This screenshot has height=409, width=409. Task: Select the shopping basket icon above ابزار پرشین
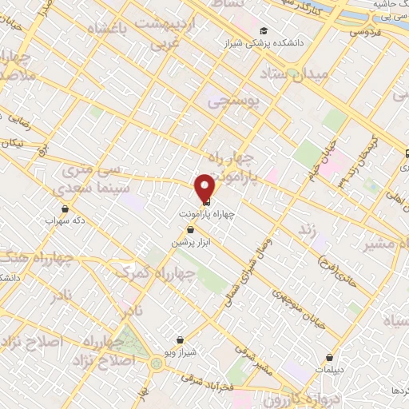189,229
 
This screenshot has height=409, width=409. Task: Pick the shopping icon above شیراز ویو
180,340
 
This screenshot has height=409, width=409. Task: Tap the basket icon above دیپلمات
329,358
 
